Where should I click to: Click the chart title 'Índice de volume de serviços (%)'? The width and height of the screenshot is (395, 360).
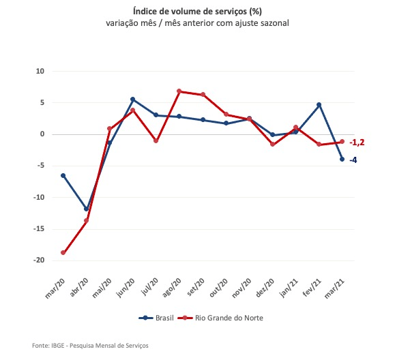pyautogui.click(x=196, y=10)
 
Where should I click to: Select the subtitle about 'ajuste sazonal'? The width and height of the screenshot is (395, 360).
pyautogui.click(x=196, y=23)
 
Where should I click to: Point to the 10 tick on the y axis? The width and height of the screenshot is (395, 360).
pyautogui.click(x=40, y=71)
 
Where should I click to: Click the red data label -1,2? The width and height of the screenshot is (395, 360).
pyautogui.click(x=357, y=142)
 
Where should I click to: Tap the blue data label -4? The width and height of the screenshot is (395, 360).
pyautogui.click(x=353, y=160)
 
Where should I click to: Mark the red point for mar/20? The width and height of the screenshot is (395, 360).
pyautogui.click(x=63, y=252)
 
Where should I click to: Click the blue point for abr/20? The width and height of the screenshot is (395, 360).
pyautogui.click(x=87, y=209)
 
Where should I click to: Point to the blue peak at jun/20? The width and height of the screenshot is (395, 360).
pyautogui.click(x=133, y=100)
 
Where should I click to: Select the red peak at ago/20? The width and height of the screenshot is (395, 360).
pyautogui.click(x=179, y=91)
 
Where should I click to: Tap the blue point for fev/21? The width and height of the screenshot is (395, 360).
pyautogui.click(x=319, y=105)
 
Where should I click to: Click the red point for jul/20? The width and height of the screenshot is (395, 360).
pyautogui.click(x=156, y=141)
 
